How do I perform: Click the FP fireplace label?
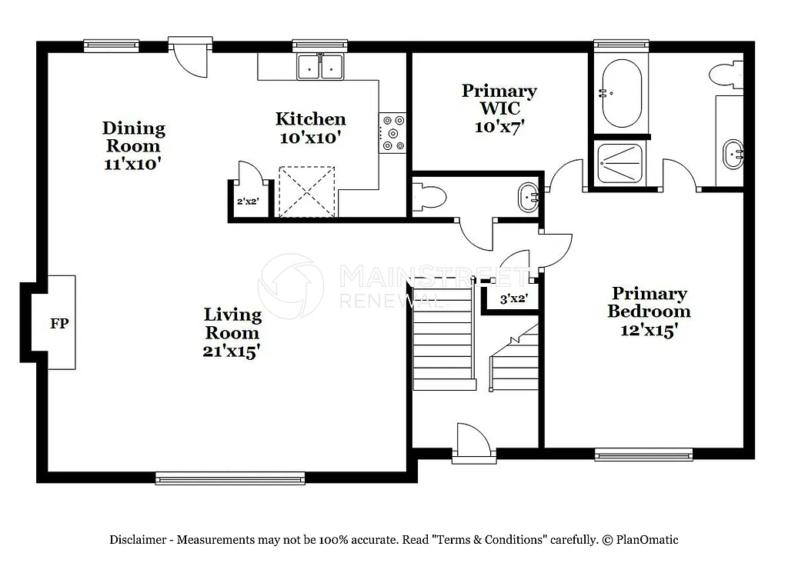(59, 323)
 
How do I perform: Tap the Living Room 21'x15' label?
(232, 332)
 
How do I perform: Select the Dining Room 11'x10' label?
(133, 145)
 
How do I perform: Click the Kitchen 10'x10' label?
(310, 128)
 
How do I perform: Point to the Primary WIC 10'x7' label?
(499, 109)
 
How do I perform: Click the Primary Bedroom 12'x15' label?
(648, 311)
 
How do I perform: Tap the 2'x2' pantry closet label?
(246, 202)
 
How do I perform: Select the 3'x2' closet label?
(513, 299)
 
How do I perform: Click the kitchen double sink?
(321, 67)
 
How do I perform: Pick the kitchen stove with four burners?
(393, 132)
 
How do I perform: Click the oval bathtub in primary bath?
(621, 94)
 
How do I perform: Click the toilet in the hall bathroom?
(429, 198)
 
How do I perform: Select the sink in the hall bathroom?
(529, 197)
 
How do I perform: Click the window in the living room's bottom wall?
(219, 478)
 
